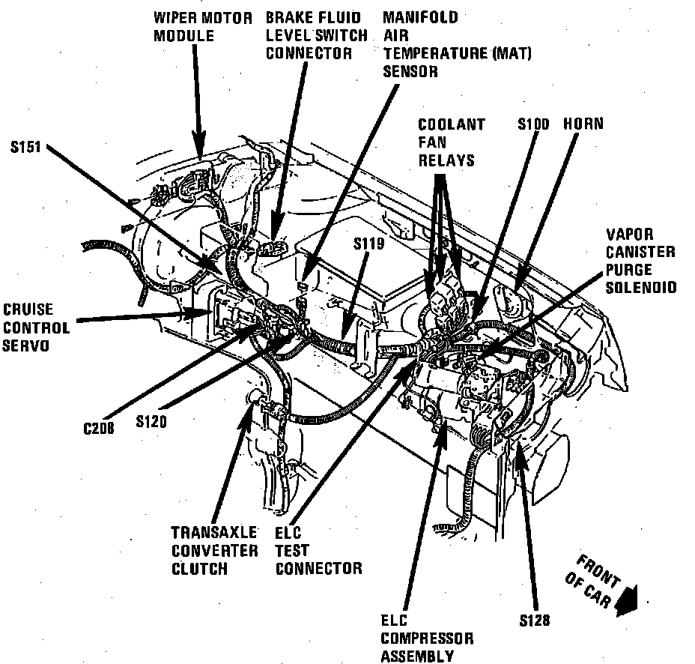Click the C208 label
click(x=99, y=429)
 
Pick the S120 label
click(x=151, y=421)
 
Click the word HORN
click(x=583, y=124)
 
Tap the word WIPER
click(x=177, y=17)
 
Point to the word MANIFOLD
click(x=420, y=17)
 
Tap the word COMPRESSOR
click(x=426, y=639)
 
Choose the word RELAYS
click(x=446, y=160)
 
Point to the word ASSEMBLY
click(x=417, y=657)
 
